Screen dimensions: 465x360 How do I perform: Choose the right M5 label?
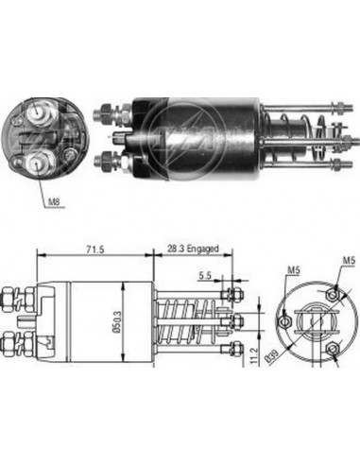click(x=348, y=261)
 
